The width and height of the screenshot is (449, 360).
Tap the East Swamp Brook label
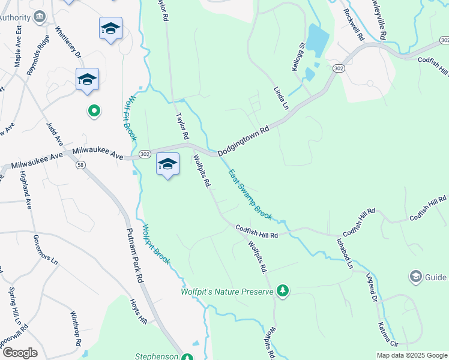[x=251, y=194]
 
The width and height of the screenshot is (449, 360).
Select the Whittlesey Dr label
[x=68, y=42]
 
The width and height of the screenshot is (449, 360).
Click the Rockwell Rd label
[x=354, y=24]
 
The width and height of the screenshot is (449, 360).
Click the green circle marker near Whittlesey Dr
[x=94, y=110]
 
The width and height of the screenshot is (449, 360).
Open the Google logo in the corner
[x=20, y=353]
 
